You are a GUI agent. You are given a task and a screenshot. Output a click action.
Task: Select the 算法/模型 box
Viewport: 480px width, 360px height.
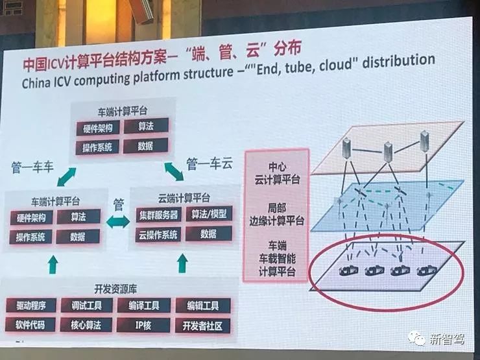[x=210, y=214]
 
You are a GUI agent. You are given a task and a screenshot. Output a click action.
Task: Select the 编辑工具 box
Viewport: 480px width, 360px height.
[x=202, y=305]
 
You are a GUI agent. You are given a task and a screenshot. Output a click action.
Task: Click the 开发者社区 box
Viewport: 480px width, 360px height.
[x=202, y=326]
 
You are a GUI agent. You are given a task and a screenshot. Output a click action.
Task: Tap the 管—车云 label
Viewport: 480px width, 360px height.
[x=209, y=162]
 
